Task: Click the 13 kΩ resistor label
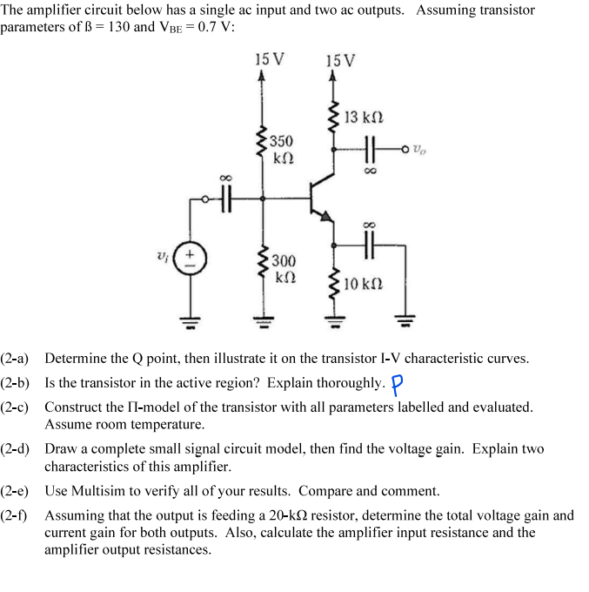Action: point(364,118)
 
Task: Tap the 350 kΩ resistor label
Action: point(282,149)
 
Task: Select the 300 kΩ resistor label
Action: point(284,269)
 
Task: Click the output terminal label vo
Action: point(420,147)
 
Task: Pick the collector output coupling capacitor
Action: point(371,148)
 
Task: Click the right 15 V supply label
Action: point(339,61)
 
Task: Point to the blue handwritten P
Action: point(398,384)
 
